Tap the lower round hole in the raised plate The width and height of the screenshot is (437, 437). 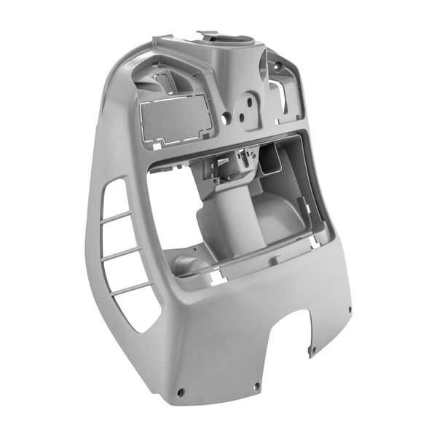(242, 117)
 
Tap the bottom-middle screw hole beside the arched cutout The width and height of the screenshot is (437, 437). (256, 387)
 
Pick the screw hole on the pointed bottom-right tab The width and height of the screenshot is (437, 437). (312, 351)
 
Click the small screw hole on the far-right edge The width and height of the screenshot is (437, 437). (350, 309)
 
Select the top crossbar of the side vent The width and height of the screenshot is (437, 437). (117, 216)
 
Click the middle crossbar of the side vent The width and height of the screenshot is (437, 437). (122, 253)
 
